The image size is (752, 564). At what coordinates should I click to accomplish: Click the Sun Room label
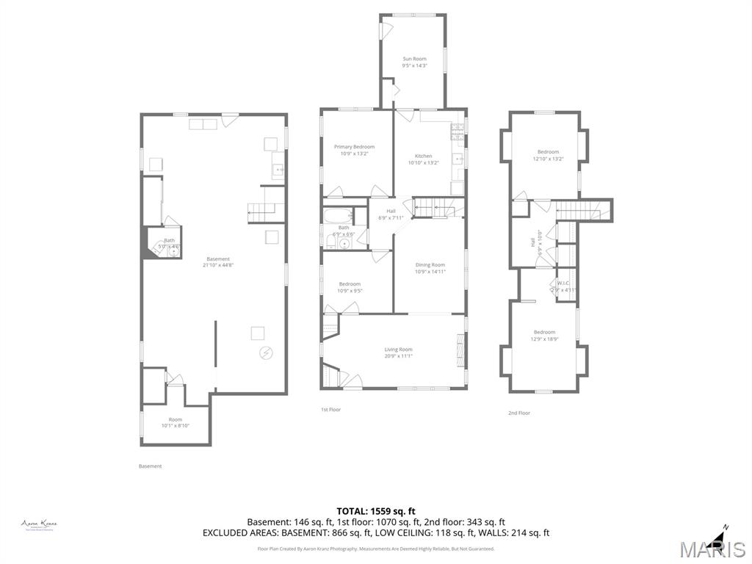coord(414,62)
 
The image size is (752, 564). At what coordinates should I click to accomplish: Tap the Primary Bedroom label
coord(354,150)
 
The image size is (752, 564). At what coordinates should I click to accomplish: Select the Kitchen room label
coord(423,159)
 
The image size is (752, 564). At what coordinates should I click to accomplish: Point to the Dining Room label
coord(430,268)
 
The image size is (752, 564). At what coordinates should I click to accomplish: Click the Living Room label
coord(398,352)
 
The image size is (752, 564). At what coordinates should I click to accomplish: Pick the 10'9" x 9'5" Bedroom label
coord(350,287)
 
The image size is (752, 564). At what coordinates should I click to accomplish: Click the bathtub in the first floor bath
coord(339,216)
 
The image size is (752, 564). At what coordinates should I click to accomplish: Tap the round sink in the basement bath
coord(174,250)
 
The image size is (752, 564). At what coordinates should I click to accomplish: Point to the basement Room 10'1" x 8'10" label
coord(175,422)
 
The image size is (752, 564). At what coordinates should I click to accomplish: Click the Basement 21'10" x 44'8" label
coord(218,262)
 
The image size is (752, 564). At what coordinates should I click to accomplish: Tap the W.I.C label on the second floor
coord(563,286)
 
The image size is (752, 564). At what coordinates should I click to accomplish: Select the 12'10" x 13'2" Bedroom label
coord(547,155)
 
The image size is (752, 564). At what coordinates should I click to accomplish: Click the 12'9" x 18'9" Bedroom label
coord(544,335)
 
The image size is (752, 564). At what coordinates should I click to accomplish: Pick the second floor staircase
coord(582,211)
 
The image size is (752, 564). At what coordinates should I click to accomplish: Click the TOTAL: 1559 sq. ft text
coord(376,511)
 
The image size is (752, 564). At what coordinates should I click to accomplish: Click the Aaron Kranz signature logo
coord(39,524)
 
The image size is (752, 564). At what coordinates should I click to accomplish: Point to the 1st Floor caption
coord(330,409)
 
